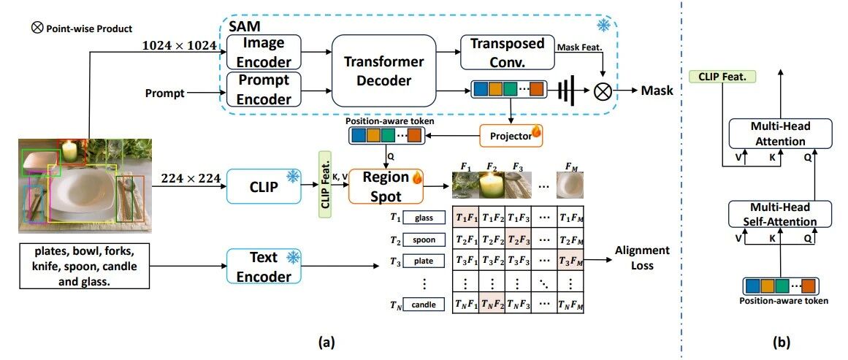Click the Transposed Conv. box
click(507, 53)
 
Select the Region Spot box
click(386, 185)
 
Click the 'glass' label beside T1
click(424, 218)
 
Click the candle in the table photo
click(70, 152)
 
